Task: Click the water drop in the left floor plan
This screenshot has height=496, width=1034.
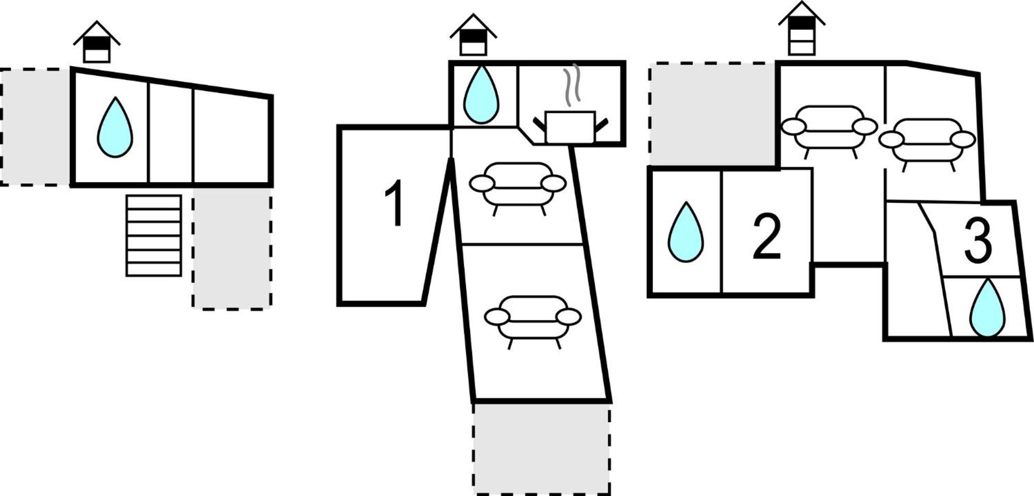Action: [x=115, y=128]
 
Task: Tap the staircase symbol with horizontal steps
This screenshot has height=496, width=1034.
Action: [x=154, y=235]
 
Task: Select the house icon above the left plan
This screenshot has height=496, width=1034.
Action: [x=97, y=42]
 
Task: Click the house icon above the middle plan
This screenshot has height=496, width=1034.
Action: [x=473, y=35]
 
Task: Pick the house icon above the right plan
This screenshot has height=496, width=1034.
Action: [x=802, y=28]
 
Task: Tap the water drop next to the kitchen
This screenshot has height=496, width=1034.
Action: [x=481, y=95]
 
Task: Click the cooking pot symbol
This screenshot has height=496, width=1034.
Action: [x=570, y=127]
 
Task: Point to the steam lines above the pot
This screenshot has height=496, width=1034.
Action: [x=572, y=83]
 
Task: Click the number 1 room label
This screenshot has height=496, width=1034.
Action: [x=394, y=203]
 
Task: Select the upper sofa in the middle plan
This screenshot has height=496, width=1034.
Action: [x=518, y=188]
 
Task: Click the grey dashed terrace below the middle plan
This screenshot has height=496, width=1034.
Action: [x=541, y=448]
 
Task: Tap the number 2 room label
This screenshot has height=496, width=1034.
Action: [x=767, y=236]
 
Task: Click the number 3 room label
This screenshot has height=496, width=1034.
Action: [x=978, y=241]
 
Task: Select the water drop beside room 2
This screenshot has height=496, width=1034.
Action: [x=686, y=232]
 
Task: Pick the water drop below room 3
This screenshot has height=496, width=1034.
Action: [x=987, y=308]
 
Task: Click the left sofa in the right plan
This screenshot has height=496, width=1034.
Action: [x=829, y=131]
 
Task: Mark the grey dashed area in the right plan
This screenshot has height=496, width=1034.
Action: [x=712, y=114]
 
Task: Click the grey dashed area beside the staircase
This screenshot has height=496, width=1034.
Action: [x=232, y=248]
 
